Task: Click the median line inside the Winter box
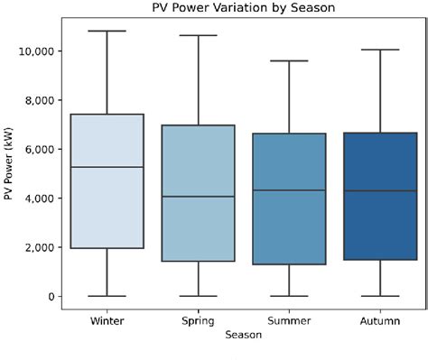point(107,167)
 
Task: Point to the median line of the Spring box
point(198,197)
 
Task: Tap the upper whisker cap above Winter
point(107,31)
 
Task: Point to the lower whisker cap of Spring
point(198,296)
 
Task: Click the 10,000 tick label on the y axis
point(33,51)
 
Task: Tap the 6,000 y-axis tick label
point(36,150)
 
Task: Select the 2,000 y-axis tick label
point(36,247)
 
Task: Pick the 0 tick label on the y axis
point(49,297)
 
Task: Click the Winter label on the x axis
point(107,320)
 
